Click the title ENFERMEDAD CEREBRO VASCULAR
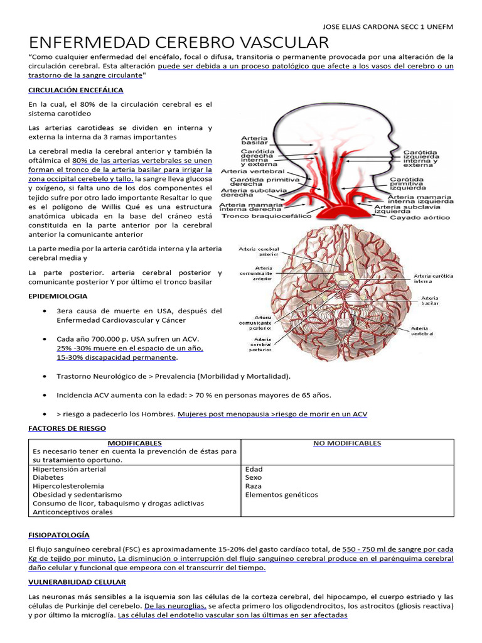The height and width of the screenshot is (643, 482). (179, 43)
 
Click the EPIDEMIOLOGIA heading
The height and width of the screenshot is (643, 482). (57, 296)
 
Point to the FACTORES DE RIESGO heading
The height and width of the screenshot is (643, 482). (67, 428)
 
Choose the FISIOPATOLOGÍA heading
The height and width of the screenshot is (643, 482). (59, 535)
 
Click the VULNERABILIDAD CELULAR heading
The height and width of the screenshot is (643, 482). (77, 582)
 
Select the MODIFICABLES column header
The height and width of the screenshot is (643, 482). (134, 443)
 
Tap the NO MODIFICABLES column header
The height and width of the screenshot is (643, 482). (347, 443)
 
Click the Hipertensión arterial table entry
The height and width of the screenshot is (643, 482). (69, 469)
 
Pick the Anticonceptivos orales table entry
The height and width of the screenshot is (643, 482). (73, 512)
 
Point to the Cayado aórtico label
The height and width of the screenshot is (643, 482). (420, 218)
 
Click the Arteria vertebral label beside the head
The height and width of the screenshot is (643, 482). (253, 171)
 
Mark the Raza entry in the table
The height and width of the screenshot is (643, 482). (253, 486)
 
